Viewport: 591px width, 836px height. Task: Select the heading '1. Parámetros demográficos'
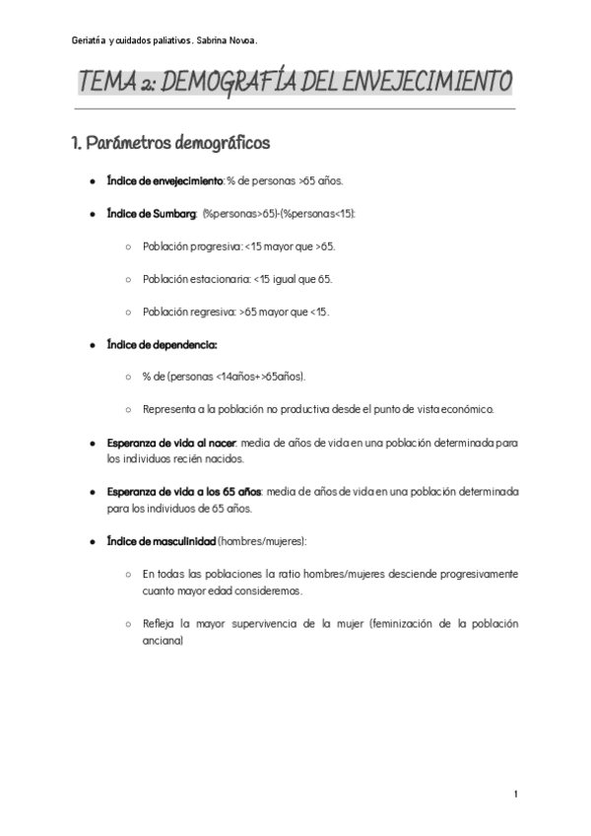coord(169,144)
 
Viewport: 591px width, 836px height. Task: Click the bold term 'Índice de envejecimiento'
coord(165,182)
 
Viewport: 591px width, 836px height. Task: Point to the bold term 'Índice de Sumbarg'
coord(152,214)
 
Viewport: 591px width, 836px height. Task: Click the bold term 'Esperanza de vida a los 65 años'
coord(185,491)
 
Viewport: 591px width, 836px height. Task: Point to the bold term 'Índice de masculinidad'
coord(162,540)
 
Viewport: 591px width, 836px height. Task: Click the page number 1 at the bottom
coord(515,795)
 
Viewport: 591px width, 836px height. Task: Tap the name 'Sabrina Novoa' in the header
coord(227,40)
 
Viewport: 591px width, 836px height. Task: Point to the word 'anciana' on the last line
coord(163,640)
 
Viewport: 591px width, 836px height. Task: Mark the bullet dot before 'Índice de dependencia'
coord(92,345)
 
